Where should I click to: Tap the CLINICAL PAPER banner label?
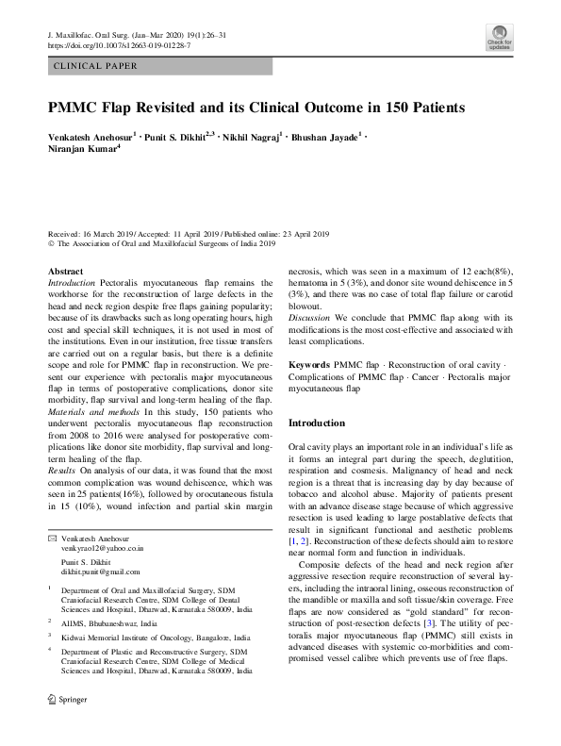97,67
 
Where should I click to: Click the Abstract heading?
64,271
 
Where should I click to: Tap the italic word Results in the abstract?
61,469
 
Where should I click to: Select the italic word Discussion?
309,341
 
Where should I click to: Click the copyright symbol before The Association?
51,243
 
